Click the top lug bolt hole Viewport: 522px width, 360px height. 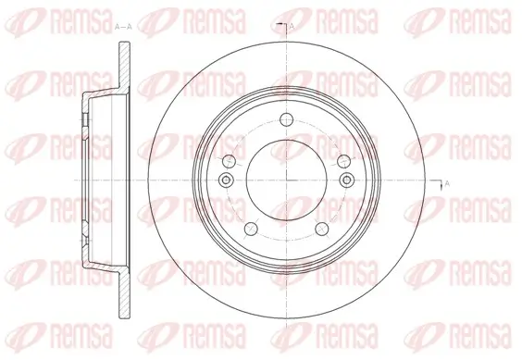click(286, 119)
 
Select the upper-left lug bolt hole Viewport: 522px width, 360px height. click(229, 161)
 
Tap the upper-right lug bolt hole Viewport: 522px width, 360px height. click(344, 161)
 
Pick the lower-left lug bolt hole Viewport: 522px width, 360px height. click(251, 229)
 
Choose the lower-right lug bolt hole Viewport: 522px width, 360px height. click(322, 229)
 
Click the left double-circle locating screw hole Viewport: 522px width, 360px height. click(226, 180)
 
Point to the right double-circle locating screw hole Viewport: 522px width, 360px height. click(346, 180)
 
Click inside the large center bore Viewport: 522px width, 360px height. click(287, 180)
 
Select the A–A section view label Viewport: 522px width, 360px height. click(123, 28)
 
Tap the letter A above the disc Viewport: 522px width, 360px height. click(292, 26)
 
